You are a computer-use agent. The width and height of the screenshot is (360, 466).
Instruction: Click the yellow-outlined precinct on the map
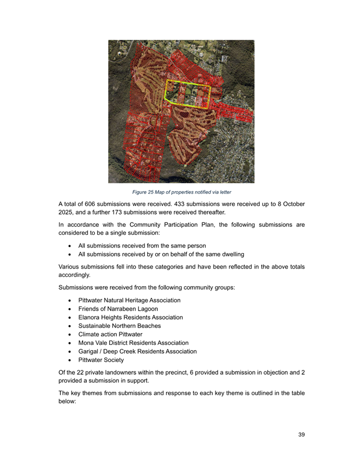[x=187, y=94]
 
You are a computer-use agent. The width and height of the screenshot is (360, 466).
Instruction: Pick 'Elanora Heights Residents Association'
[x=130, y=317]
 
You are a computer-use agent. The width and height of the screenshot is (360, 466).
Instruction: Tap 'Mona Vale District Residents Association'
[x=133, y=343]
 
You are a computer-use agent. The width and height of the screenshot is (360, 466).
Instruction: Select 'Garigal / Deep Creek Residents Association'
[x=137, y=351]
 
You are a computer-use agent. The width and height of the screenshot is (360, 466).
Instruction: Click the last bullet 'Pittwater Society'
[x=101, y=360]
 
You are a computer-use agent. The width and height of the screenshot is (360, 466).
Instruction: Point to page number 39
[x=301, y=435]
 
